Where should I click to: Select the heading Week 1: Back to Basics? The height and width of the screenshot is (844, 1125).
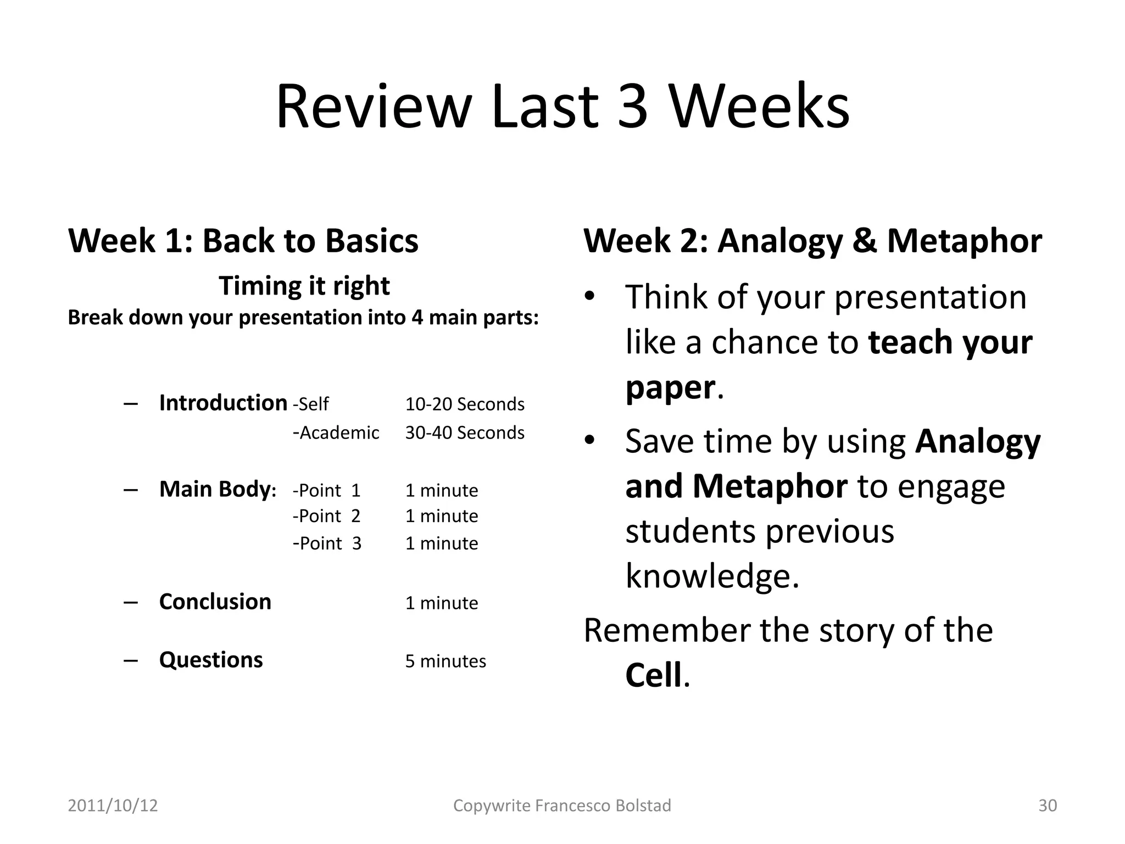click(x=243, y=241)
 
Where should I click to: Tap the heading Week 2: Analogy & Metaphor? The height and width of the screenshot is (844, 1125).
click(x=812, y=241)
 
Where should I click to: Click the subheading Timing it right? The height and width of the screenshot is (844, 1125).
click(x=304, y=286)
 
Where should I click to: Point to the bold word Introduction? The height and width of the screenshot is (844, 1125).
click(x=223, y=403)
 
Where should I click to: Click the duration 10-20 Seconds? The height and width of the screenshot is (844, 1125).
click(x=465, y=404)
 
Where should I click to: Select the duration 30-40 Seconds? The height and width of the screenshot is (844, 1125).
click(x=465, y=433)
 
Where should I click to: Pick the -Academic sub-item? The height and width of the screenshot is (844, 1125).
click(x=336, y=433)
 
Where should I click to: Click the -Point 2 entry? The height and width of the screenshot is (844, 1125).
click(x=327, y=516)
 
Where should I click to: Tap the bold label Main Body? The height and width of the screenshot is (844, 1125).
click(x=215, y=489)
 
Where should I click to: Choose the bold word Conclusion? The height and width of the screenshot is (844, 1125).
click(x=215, y=602)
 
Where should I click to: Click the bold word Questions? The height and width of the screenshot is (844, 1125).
click(x=211, y=660)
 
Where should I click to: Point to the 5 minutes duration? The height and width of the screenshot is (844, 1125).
click(x=445, y=661)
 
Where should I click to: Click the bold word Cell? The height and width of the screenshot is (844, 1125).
click(x=653, y=675)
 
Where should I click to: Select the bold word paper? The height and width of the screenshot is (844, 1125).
click(x=670, y=387)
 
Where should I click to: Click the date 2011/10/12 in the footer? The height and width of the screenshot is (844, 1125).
click(x=113, y=806)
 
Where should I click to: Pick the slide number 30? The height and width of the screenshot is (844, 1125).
click(x=1048, y=806)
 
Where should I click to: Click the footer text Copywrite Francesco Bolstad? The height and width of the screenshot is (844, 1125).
click(x=562, y=806)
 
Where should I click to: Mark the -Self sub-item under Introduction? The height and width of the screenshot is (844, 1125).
click(x=311, y=404)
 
